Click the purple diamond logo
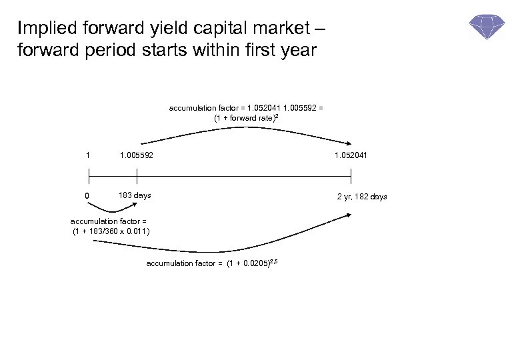pos(487,27)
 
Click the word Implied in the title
pos(43,29)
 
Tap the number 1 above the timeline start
pos(88,155)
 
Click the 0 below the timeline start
pos(88,196)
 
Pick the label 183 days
pos(135,196)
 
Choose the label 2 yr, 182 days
pos(362,197)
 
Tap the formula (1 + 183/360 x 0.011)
pos(111,232)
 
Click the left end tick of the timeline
pos(89,175)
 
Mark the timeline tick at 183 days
pos(137,175)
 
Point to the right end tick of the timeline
pos(351,175)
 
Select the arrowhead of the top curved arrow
pos(349,142)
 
